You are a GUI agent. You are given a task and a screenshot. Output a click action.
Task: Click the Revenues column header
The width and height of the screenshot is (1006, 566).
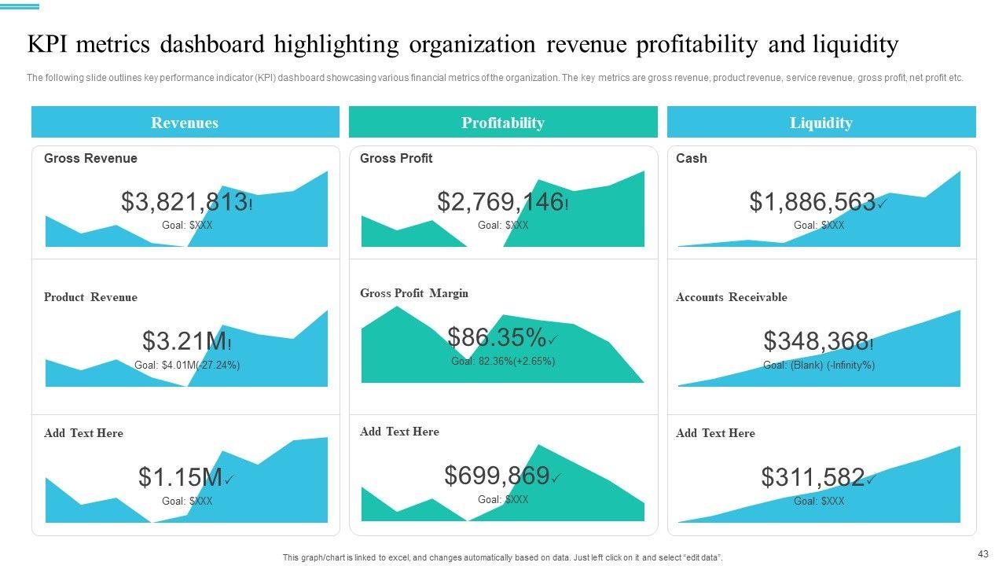pos(185,123)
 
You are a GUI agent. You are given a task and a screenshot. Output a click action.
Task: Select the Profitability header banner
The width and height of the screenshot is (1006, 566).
pos(503,123)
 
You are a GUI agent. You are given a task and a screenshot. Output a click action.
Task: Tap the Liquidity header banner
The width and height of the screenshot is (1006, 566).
pos(821,123)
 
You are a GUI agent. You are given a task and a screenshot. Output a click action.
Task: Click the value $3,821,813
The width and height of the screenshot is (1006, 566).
pos(185,202)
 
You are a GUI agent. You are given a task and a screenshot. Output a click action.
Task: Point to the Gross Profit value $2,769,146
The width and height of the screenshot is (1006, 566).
pos(501,202)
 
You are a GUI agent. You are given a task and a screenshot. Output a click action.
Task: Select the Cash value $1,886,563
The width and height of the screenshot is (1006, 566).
pos(812,202)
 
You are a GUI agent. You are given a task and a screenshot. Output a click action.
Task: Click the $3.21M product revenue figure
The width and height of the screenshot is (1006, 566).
pos(185,341)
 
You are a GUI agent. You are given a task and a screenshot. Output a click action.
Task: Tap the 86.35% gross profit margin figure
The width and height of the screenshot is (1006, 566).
pos(497,337)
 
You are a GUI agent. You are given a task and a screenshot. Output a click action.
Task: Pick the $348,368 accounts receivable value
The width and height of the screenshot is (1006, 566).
pos(817,341)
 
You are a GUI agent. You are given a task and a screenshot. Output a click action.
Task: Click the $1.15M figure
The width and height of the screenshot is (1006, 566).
pos(181,477)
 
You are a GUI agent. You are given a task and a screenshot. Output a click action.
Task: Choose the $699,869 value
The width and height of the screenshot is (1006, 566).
pos(497,476)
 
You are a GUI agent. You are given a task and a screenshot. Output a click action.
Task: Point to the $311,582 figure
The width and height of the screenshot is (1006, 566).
pos(813,477)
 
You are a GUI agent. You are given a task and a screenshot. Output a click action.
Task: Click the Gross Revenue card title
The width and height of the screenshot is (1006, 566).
pos(90,158)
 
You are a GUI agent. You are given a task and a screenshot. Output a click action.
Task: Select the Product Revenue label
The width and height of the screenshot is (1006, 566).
pos(90,297)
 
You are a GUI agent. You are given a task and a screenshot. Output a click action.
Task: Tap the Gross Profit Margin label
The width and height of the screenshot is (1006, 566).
pos(414,293)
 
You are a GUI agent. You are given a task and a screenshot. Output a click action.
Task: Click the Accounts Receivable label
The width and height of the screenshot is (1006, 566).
pos(731,297)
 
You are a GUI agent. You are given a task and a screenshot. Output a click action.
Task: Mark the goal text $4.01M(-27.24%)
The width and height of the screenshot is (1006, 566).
pos(187,365)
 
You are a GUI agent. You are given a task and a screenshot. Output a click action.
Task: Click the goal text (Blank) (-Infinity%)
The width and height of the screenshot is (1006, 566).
pos(819,365)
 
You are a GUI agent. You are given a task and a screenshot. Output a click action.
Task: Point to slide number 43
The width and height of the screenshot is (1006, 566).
pos(983,553)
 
